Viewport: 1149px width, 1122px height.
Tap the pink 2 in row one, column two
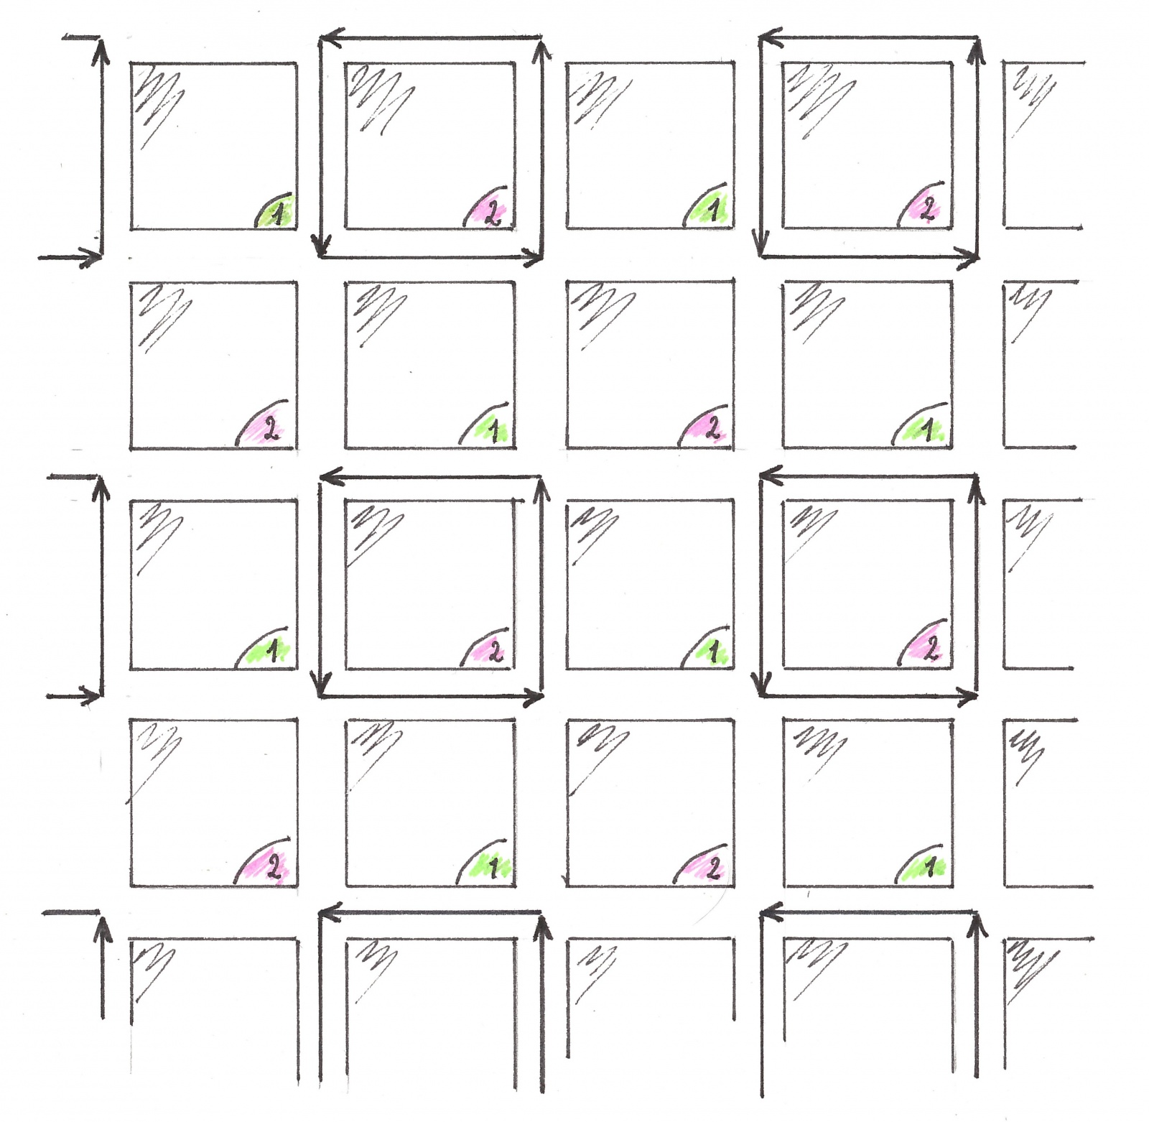493,212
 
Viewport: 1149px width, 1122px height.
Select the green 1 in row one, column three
713,210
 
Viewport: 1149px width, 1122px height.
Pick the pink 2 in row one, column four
927,209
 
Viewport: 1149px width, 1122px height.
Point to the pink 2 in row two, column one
271,429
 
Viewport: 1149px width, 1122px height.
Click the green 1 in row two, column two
494,430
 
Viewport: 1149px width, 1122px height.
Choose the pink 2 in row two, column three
712,428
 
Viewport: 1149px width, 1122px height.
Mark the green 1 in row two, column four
927,430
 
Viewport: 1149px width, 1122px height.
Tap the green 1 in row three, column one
272,651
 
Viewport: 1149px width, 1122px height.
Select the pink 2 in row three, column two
495,650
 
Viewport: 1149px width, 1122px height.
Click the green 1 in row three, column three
713,652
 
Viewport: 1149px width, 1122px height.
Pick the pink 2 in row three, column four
930,649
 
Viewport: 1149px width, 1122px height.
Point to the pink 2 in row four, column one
273,868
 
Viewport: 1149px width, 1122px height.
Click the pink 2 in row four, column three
712,868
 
